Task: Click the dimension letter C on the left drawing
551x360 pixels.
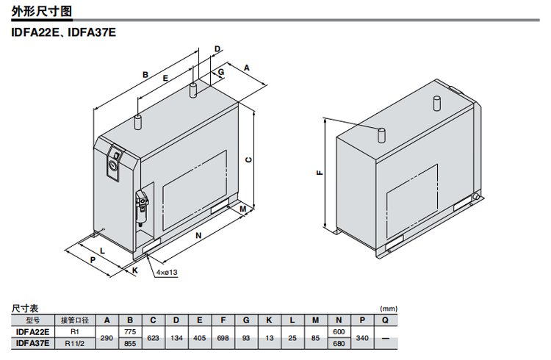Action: click(248, 159)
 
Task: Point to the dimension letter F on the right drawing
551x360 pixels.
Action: click(319, 173)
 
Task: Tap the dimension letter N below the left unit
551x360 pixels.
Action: click(198, 237)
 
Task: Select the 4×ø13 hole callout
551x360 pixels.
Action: click(167, 272)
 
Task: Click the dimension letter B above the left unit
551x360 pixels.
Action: click(145, 75)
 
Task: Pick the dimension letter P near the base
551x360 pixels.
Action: click(93, 260)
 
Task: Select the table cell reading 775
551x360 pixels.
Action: click(130, 331)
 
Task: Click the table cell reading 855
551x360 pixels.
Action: click(130, 343)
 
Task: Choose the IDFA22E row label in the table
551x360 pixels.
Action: click(32, 331)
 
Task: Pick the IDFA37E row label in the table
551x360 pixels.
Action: click(32, 343)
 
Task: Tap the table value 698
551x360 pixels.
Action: click(223, 337)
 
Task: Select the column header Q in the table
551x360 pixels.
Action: click(385, 320)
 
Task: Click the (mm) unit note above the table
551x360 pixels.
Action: click(388, 309)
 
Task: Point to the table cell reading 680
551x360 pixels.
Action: click(339, 343)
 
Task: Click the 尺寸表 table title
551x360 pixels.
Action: click(26, 309)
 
